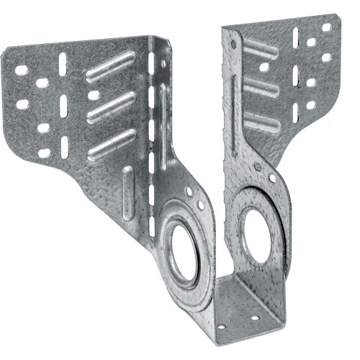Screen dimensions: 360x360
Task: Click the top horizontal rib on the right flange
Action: [x=262, y=48]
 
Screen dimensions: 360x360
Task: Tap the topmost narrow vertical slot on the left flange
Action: [x=63, y=62]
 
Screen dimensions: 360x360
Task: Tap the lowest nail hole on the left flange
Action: [x=44, y=153]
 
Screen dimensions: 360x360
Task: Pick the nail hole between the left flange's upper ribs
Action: [x=93, y=94]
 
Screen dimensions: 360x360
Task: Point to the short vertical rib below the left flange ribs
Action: [x=127, y=192]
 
